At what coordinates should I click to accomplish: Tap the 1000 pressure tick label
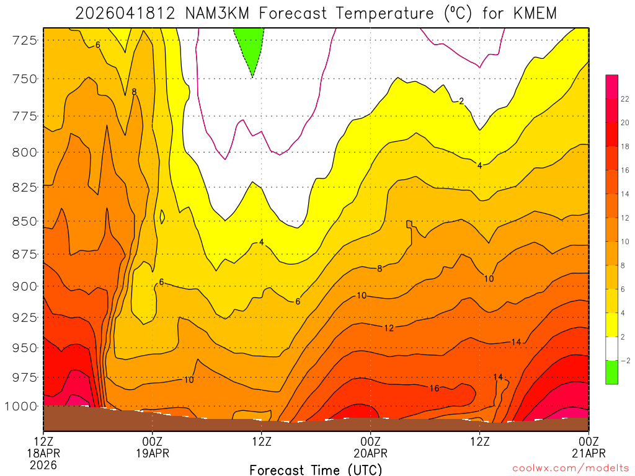(24, 407)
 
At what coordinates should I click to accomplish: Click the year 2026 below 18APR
(43, 464)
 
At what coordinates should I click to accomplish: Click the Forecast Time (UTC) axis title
(316, 469)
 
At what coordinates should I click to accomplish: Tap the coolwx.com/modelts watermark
(571, 469)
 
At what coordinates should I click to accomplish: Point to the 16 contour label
(434, 389)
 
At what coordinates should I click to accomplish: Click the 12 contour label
(389, 328)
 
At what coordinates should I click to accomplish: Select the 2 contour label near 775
(461, 101)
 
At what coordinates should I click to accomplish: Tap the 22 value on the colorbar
(625, 99)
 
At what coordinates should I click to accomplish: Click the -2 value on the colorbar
(625, 360)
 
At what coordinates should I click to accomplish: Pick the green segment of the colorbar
(611, 372)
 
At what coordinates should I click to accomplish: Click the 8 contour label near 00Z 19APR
(134, 92)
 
